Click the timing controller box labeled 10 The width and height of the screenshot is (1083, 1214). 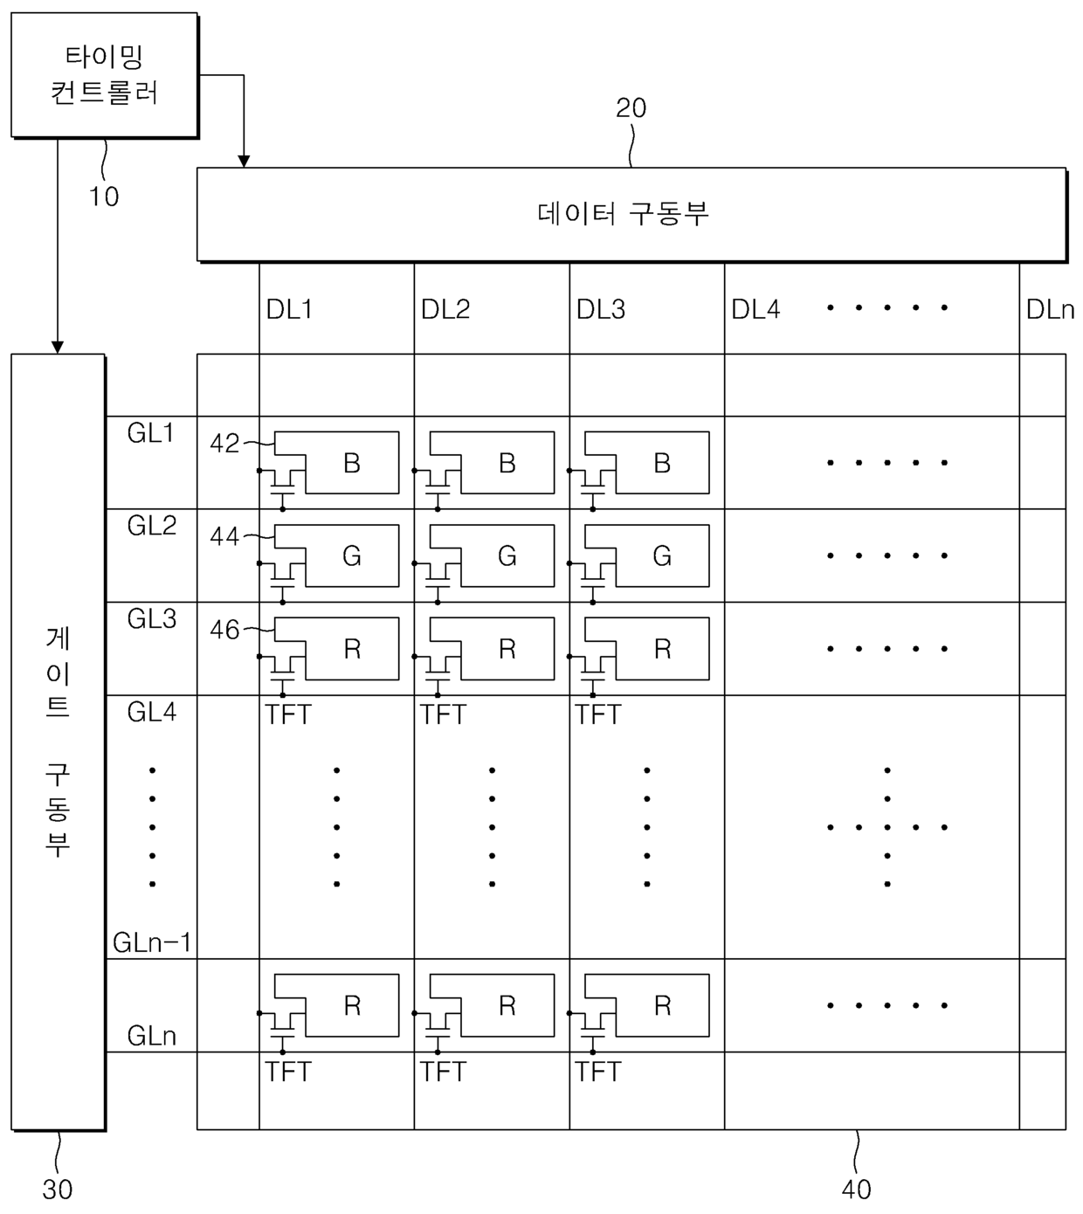[x=104, y=75]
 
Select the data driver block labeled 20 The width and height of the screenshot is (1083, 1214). [x=631, y=214]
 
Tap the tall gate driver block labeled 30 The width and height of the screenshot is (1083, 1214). [x=58, y=742]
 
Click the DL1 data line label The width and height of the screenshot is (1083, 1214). [x=289, y=309]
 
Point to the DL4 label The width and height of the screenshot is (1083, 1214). [x=755, y=309]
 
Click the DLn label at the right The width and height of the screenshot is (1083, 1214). [x=1050, y=309]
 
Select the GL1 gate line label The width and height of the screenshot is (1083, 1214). [x=151, y=433]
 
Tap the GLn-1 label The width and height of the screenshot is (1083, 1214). [x=152, y=943]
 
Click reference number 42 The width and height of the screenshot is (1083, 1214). [x=224, y=444]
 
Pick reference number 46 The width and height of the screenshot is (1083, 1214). [x=224, y=630]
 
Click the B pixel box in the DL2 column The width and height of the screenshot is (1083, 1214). [x=507, y=463]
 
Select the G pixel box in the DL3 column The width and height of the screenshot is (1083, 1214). [x=661, y=555]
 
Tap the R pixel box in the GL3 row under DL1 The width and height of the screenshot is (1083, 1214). [x=351, y=649]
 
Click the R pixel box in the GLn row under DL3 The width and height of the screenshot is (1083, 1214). [x=661, y=1006]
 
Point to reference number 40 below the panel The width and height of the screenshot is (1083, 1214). [x=856, y=1190]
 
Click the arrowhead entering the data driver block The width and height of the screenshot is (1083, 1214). [x=244, y=162]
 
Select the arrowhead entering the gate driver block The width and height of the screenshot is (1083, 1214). [x=58, y=347]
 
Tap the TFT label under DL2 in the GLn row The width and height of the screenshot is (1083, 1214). [x=443, y=1072]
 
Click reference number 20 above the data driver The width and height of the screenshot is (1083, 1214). [x=631, y=108]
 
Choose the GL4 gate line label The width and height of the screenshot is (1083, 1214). [x=151, y=713]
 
